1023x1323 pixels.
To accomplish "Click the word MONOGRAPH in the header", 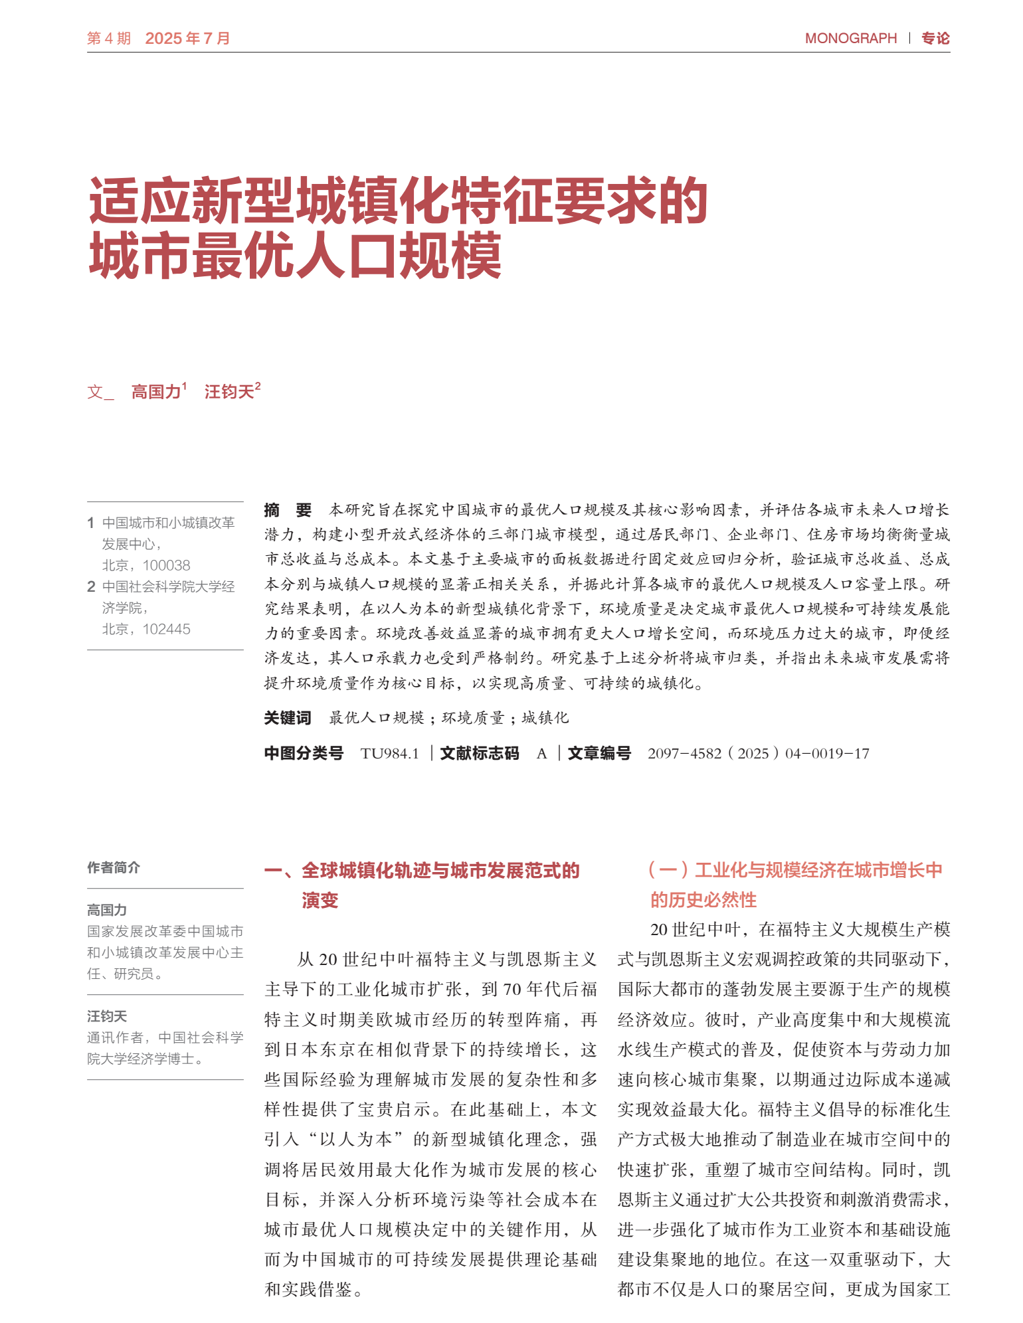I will pos(850,39).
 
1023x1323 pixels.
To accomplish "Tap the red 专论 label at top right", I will pos(935,39).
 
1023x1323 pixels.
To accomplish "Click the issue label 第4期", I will pos(109,39).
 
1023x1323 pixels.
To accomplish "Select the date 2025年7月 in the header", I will pos(187,39).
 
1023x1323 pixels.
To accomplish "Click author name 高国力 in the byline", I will pos(156,392).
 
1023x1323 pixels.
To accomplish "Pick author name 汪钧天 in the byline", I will pos(229,392).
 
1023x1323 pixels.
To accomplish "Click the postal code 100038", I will pos(166,565).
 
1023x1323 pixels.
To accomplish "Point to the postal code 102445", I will pos(166,629).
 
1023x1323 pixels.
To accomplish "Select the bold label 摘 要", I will pos(288,510).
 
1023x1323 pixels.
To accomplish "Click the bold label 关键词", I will pos(288,718).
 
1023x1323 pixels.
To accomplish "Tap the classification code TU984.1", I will pos(390,753).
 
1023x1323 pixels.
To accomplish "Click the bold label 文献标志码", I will pos(479,753).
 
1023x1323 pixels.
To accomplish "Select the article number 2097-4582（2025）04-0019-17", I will pos(758,753).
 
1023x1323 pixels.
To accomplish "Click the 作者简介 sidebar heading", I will pos(114,867).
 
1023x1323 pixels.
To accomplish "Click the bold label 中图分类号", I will pos(304,753).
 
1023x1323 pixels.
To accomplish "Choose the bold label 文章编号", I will pos(599,753).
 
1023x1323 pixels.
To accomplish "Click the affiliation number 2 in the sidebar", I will pos(91,586).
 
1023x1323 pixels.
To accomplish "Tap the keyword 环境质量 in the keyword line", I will pos(473,718).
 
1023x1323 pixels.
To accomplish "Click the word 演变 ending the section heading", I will pos(320,901).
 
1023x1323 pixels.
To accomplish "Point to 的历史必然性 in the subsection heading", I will pos(703,900).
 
